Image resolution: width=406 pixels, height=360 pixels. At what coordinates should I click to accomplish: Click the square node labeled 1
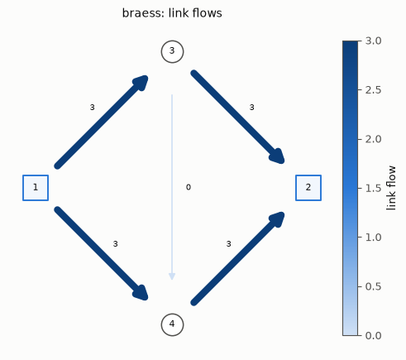pos(36,188)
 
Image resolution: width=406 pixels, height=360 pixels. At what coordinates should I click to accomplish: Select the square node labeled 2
pos(308,188)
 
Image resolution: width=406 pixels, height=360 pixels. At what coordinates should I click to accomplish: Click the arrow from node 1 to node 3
pos(102,121)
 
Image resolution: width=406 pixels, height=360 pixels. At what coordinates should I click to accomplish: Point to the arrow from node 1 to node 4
pos(102,253)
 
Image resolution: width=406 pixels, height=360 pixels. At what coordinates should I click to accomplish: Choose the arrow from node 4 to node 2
pos(237,259)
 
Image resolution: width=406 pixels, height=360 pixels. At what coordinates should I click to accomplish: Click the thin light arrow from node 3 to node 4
pos(172,187)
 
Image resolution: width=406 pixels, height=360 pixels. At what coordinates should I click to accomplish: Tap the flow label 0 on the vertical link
pos(189,187)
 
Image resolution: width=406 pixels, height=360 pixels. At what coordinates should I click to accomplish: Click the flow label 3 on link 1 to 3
pos(93,108)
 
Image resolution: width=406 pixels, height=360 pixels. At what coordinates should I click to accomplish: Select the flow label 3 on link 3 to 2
pos(251,108)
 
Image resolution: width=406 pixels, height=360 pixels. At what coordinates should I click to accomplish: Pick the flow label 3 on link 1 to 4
pos(116,244)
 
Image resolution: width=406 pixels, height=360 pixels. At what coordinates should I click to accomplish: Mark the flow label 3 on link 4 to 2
pos(228,244)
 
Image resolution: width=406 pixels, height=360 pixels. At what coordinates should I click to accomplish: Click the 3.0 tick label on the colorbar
pos(374,41)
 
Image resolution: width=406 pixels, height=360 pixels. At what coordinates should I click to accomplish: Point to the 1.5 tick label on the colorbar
pos(374,189)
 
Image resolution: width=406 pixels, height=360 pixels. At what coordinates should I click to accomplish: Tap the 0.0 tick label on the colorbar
pos(374,336)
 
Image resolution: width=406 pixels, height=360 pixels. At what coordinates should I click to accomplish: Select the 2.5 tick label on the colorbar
pos(374,90)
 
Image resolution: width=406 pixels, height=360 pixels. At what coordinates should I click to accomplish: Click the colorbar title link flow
pos(391,188)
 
